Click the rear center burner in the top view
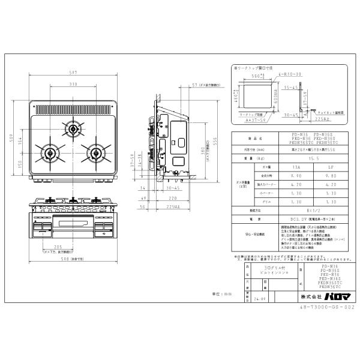[73, 128]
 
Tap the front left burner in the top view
[47, 151]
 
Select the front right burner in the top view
[95, 152]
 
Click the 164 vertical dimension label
[22, 140]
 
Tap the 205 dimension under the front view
[58, 248]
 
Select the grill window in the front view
[72, 226]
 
